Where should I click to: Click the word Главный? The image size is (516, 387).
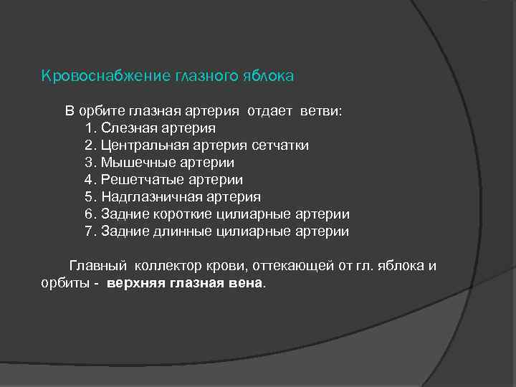[x=97, y=267]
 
